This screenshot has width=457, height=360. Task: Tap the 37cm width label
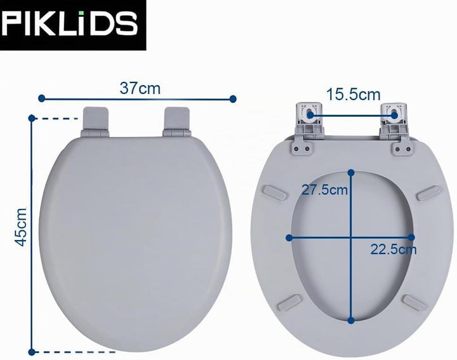coord(140,88)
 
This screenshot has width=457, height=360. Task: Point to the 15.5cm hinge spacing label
coord(354,95)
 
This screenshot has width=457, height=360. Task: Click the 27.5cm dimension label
coord(324,190)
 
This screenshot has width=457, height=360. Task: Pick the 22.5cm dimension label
coord(394,250)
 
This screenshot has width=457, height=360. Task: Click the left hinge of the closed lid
coord(95,122)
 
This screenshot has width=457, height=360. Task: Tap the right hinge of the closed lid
coord(177,122)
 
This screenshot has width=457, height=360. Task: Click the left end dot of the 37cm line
coord(42,98)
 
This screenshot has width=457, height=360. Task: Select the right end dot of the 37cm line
coord(233,99)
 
